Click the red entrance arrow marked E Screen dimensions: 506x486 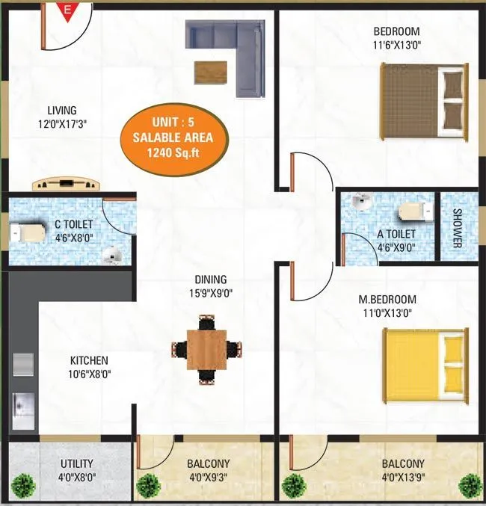[68, 10]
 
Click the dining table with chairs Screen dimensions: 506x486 [207, 348]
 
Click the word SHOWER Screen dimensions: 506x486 [458, 227]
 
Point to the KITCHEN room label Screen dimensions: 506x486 [89, 360]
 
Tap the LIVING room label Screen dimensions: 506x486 [60, 111]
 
